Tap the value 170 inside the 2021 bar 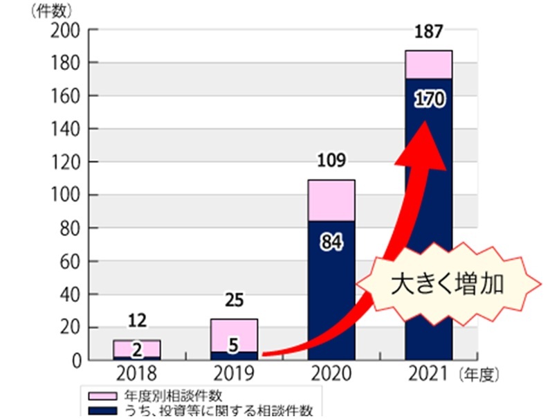tap(428, 98)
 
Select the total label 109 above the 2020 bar tap(331, 162)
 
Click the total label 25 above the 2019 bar tap(234, 301)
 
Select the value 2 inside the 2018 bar tap(137, 349)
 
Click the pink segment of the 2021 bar tap(428, 64)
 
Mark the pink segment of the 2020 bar tap(331, 200)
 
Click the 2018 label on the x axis tap(137, 375)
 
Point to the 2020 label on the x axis tap(331, 375)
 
